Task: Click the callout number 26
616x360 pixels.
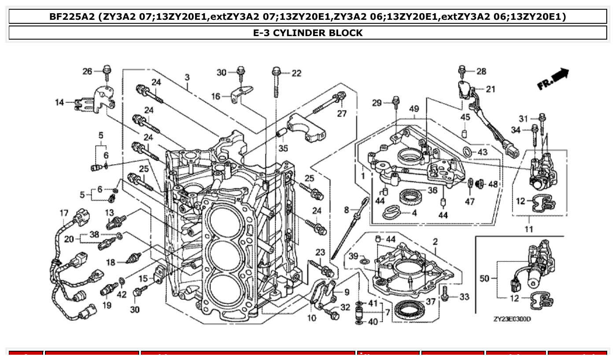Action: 87,71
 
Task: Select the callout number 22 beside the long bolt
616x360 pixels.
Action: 296,73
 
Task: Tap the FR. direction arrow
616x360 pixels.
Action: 553,79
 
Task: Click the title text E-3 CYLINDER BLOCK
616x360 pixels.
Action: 308,33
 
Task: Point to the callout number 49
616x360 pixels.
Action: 413,109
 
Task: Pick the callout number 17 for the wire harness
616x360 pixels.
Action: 64,213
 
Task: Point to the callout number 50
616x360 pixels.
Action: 484,279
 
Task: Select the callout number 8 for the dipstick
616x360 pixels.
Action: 347,210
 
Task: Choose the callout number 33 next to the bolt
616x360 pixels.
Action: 464,297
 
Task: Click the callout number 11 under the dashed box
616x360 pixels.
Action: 528,229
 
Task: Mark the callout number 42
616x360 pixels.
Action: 122,295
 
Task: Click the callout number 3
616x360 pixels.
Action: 187,77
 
